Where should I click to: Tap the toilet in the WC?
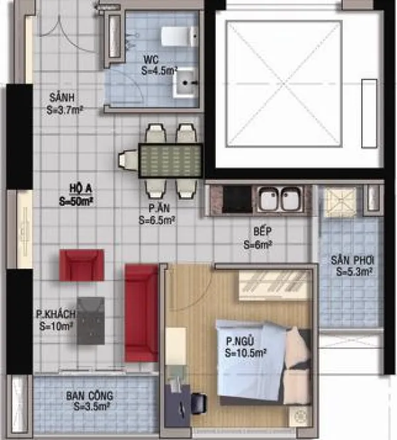[179, 36]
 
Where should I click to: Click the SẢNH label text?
[62, 98]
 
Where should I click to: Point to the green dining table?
[171, 161]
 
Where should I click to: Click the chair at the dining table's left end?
[128, 161]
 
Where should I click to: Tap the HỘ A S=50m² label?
[76, 195]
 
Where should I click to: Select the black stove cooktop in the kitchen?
[237, 199]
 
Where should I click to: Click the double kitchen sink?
[280, 199]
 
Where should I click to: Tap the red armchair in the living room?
[81, 265]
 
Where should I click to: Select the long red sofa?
[142, 313]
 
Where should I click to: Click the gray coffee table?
[91, 321]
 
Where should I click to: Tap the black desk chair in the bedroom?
[198, 404]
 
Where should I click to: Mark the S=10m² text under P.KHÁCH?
[56, 326]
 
